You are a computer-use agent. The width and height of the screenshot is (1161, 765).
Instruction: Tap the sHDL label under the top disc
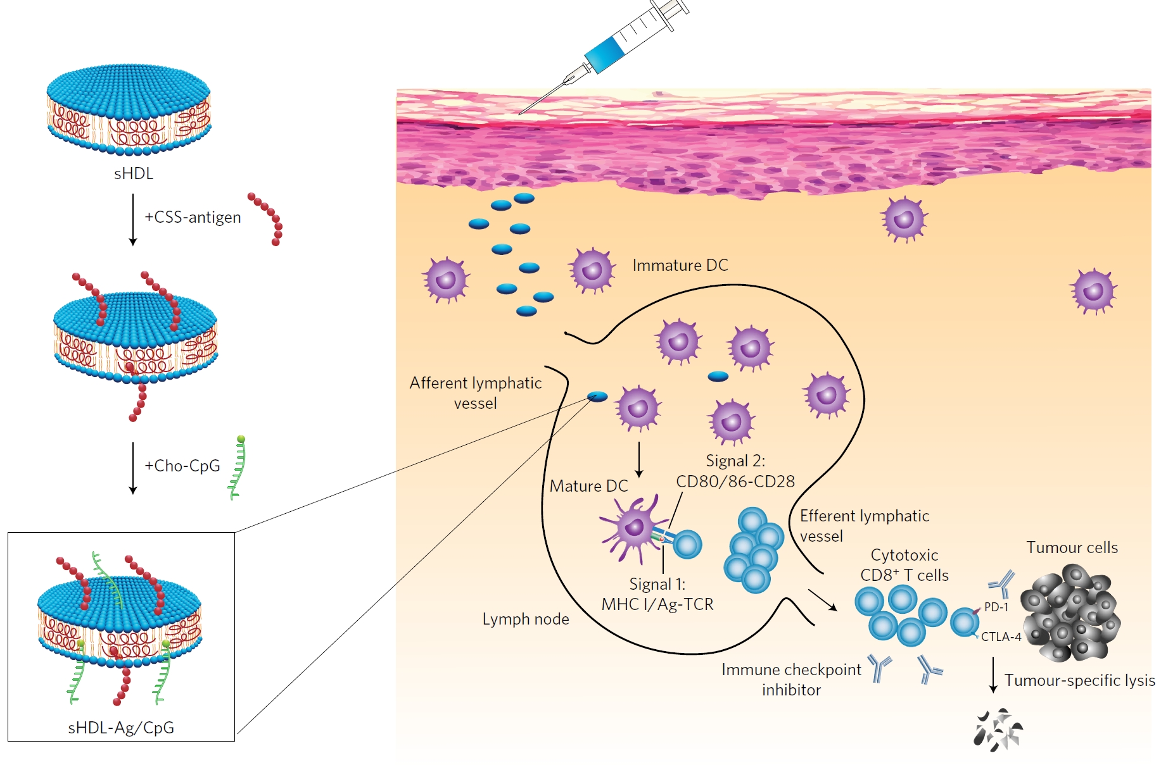(134, 173)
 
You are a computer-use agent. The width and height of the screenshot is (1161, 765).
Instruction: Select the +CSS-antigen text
(193, 217)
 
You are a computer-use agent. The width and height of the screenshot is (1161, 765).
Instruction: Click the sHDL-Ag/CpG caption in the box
(121, 728)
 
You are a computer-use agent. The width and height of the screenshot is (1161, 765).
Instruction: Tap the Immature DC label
(680, 265)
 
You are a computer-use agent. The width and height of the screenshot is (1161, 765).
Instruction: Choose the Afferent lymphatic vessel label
(475, 393)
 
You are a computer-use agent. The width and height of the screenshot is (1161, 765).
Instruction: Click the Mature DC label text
(588, 486)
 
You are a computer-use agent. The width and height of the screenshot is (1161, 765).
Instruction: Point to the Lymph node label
(526, 619)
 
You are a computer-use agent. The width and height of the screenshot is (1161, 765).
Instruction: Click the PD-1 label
(996, 607)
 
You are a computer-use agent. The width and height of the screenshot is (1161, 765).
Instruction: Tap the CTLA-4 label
(1001, 637)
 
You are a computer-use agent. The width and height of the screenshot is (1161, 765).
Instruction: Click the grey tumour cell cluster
(1070, 614)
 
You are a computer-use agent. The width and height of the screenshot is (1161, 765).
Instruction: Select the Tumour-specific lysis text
(1079, 680)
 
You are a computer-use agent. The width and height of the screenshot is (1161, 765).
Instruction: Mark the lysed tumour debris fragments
(998, 731)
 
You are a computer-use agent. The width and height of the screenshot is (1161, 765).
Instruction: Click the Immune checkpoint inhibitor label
(791, 680)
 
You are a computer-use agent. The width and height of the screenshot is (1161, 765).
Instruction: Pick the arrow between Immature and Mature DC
(639, 459)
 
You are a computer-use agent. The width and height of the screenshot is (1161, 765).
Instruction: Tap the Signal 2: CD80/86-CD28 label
(735, 471)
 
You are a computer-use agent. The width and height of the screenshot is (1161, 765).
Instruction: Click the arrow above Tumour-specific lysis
(993, 675)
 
